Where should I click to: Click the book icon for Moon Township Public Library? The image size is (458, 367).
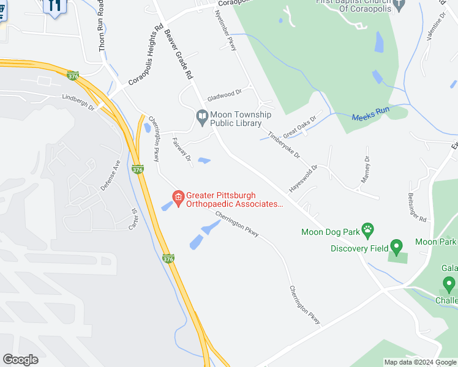(202, 115)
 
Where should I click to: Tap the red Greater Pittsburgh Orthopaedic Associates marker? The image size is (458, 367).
(178, 198)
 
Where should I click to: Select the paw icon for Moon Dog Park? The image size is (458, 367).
(367, 231)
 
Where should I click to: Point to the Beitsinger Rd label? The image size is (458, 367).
(417, 206)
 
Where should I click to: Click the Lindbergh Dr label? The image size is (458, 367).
(78, 102)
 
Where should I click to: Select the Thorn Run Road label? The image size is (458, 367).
(102, 25)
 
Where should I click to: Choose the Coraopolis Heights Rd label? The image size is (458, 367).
(145, 57)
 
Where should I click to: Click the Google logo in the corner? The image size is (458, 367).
(21, 359)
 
